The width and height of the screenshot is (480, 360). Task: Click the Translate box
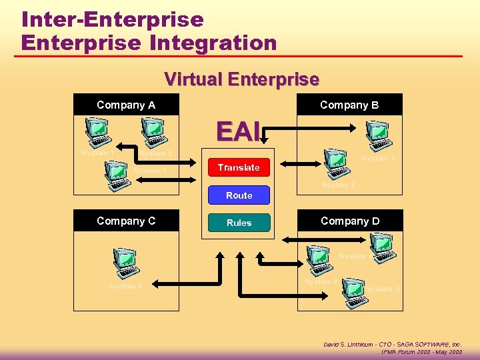(x=238, y=167)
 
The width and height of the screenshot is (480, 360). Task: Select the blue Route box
(x=239, y=195)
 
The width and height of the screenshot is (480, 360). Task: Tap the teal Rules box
(x=239, y=223)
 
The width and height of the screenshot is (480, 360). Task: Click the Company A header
(x=126, y=105)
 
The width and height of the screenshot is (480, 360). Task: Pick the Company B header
(x=349, y=105)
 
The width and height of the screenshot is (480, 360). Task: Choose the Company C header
(x=126, y=221)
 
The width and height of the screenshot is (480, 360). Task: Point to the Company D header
(x=349, y=221)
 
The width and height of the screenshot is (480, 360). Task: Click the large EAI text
(x=237, y=132)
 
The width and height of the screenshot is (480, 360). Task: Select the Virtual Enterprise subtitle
(x=241, y=79)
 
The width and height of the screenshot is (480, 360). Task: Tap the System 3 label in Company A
(x=150, y=171)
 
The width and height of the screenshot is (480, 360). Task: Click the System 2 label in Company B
(x=339, y=185)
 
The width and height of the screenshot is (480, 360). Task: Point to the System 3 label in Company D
(x=383, y=289)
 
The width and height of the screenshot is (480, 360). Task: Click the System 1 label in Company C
(x=126, y=287)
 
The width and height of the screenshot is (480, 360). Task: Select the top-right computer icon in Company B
(x=379, y=135)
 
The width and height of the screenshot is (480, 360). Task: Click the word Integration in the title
(x=213, y=43)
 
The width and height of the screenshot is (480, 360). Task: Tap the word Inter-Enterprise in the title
(x=112, y=19)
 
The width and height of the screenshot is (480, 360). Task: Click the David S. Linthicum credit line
(x=392, y=344)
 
